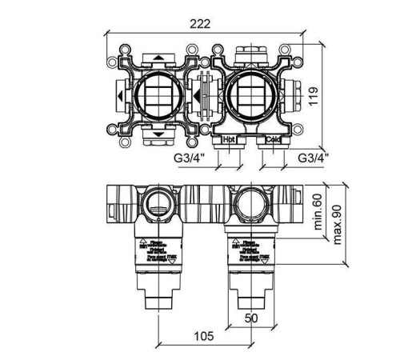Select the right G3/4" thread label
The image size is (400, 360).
click(x=313, y=158)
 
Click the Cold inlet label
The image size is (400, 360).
click(x=272, y=138)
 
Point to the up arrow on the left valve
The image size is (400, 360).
click(x=158, y=59)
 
